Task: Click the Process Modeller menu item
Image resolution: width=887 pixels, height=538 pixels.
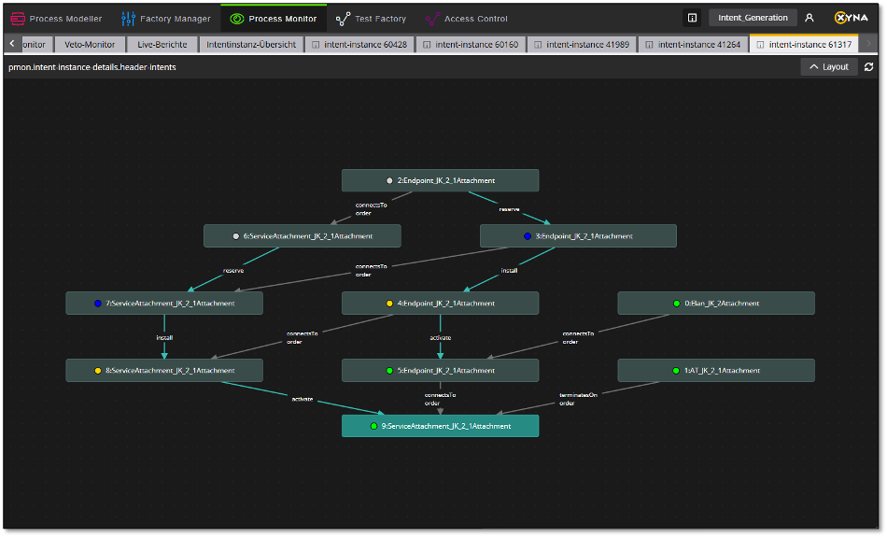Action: coord(57,19)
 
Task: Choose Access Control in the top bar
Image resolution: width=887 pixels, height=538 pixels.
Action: coord(466,19)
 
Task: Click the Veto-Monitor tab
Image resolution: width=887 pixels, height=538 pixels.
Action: coord(90,44)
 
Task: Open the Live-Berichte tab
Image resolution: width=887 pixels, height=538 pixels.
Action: coord(162,44)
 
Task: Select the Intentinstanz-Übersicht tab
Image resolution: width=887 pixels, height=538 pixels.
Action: coord(251,44)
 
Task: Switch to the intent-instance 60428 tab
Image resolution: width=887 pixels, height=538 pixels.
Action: coord(359,44)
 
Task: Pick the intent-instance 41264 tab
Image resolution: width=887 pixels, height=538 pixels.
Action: coord(693,44)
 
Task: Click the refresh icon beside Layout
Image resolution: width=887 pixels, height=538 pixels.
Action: coord(869,67)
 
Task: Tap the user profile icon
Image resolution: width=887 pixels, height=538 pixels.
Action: coord(810,18)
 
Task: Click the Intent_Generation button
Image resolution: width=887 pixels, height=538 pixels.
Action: coord(753,18)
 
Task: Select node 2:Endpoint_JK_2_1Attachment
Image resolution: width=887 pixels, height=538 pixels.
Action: coord(440,180)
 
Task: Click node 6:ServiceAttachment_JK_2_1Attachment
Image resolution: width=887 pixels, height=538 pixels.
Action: coord(303,236)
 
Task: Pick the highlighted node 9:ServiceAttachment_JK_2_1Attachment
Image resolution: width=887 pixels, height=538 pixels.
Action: coord(440,426)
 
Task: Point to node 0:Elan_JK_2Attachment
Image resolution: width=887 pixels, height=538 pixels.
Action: coord(716,304)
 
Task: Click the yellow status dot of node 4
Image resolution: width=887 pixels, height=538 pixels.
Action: coord(389,304)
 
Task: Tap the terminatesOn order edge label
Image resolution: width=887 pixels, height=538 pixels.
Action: coord(578,399)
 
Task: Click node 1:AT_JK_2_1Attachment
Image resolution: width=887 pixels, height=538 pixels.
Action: coord(716,371)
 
